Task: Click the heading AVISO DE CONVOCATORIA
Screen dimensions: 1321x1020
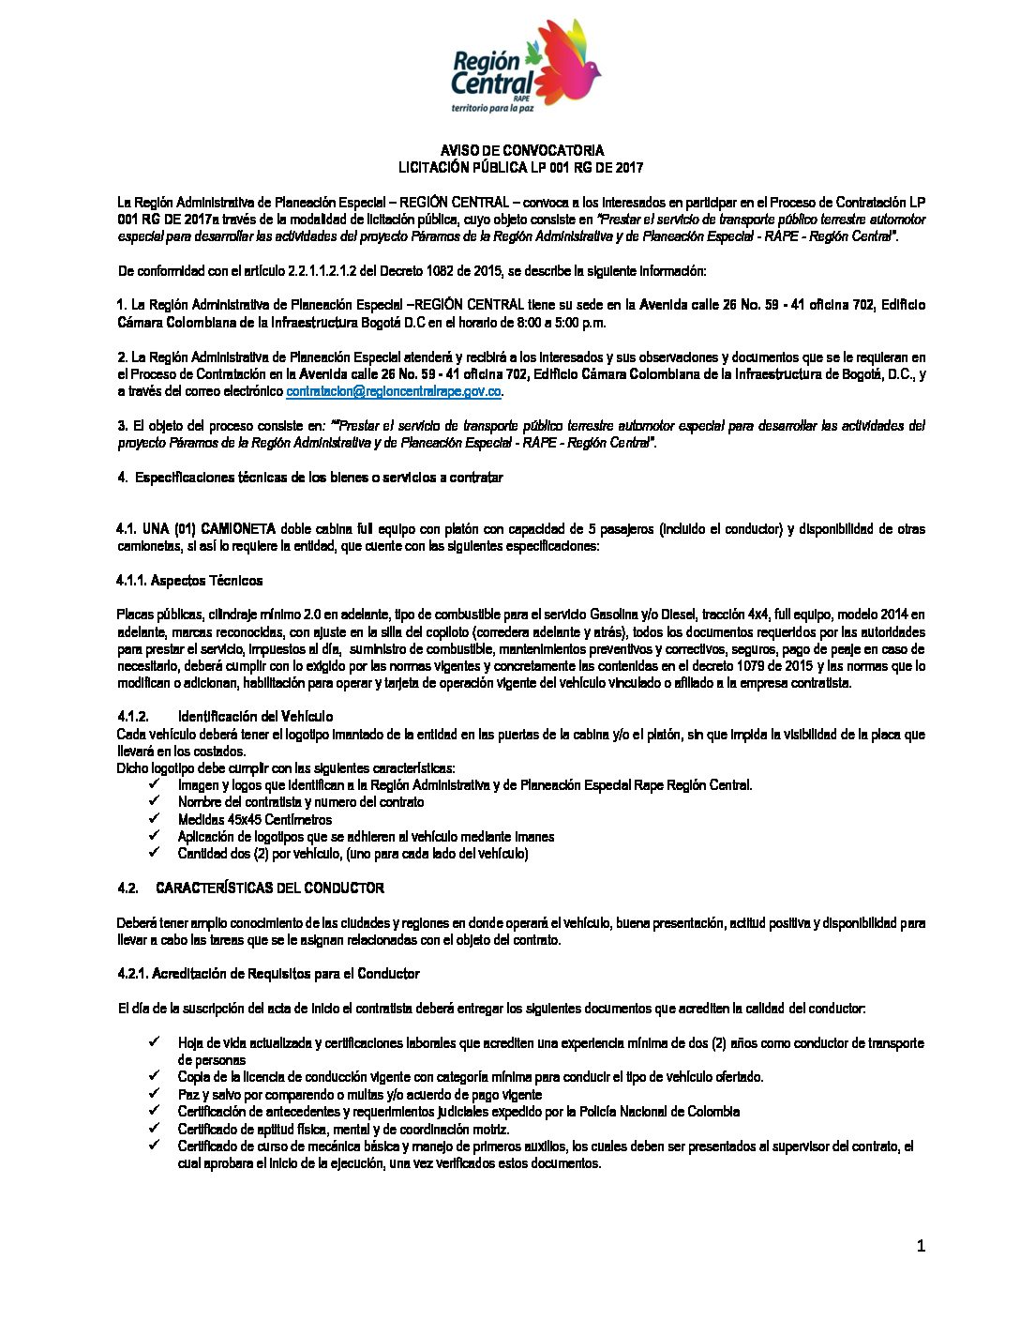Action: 522,150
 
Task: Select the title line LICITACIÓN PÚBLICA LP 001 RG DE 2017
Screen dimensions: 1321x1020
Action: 521,167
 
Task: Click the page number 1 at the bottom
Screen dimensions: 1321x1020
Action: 921,1246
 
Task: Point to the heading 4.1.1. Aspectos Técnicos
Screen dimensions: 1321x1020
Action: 189,581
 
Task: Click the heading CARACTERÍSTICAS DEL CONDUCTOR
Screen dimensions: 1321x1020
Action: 270,888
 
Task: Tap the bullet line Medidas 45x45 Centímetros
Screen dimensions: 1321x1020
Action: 255,819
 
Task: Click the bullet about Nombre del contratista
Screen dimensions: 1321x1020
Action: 301,802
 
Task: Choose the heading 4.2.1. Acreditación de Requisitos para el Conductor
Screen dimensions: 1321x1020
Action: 268,974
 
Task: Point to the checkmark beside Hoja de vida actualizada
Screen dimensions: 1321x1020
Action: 154,1042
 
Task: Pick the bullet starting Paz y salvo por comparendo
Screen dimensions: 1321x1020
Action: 360,1094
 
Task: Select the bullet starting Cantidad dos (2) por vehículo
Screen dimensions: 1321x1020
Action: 353,854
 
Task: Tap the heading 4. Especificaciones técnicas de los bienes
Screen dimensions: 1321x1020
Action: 310,478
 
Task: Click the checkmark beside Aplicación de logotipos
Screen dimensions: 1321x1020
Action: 154,836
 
